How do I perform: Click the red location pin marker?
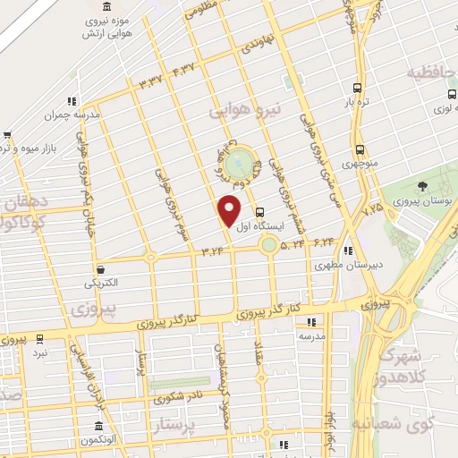(x=230, y=210)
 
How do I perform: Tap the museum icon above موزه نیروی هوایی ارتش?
(x=134, y=5)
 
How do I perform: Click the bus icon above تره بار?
(x=357, y=88)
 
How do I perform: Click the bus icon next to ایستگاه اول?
(x=259, y=213)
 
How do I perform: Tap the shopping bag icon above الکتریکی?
(x=101, y=268)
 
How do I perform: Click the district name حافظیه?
(x=432, y=72)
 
